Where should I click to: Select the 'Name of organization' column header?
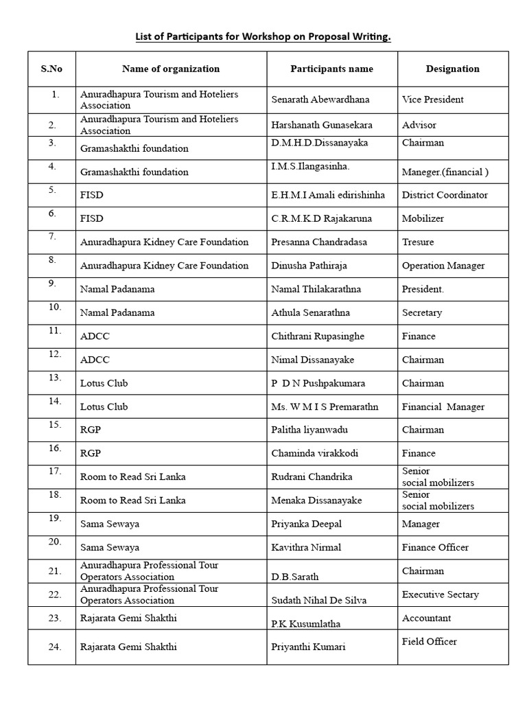point(171,69)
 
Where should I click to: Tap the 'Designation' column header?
point(452,69)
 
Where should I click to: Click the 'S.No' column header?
point(51,69)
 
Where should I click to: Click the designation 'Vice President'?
point(432,100)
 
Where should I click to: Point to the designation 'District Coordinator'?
point(445,195)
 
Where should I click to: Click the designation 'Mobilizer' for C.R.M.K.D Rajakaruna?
point(423,218)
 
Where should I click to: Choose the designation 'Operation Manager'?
point(443,266)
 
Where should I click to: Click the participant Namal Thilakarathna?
point(316,289)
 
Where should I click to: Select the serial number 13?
point(55,378)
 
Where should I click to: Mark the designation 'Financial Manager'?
point(443,406)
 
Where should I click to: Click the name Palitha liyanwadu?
point(309,430)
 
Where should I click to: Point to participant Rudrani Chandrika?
point(312,476)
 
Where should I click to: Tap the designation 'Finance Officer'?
point(435,547)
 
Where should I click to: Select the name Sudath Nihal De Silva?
point(318,600)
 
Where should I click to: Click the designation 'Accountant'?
point(426,618)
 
